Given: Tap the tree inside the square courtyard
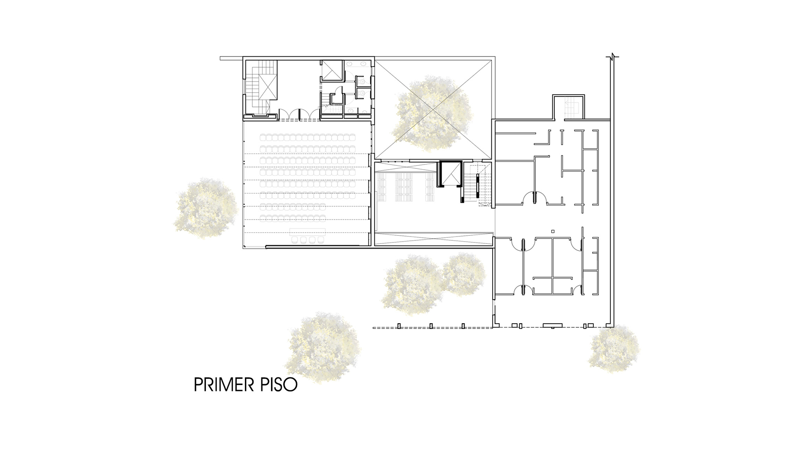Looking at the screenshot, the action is tap(433, 113).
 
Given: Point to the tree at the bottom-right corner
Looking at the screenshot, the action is tap(613, 347).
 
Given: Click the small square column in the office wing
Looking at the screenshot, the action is tap(552, 231).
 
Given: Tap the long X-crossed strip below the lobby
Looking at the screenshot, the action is tap(434, 238).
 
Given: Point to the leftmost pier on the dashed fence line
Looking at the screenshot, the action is tap(399, 326).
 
